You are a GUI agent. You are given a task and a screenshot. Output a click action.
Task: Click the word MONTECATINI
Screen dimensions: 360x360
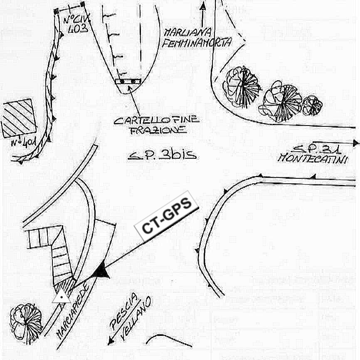point(313,158)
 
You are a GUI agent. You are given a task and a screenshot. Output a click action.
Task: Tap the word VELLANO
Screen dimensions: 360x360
point(137,319)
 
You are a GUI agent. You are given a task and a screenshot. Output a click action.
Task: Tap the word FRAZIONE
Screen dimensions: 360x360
point(158,131)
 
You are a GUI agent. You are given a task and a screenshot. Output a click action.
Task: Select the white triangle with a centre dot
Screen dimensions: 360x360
point(61,296)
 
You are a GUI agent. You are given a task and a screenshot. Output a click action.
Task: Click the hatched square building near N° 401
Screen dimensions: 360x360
point(17,118)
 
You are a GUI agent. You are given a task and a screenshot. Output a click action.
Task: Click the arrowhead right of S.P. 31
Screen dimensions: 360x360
point(356,143)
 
